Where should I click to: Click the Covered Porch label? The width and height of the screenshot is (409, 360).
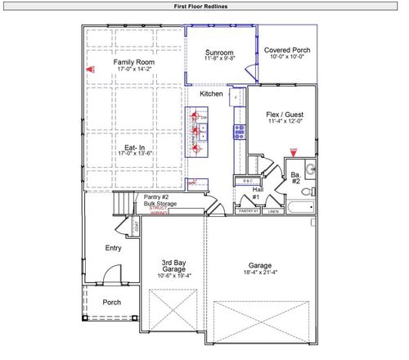(286, 50)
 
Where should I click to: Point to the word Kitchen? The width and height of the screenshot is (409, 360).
(212, 94)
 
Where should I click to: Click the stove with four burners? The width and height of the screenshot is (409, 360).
(239, 131)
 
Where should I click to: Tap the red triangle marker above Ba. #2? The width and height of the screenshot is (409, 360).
(294, 152)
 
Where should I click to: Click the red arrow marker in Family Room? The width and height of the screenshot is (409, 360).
(89, 70)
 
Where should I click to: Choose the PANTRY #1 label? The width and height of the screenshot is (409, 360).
(247, 211)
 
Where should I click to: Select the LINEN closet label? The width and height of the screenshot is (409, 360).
(273, 211)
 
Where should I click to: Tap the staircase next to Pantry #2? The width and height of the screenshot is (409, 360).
(123, 205)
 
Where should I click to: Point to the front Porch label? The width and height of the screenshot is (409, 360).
(111, 302)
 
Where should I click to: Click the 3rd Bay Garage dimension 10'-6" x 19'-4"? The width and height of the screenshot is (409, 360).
(173, 276)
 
